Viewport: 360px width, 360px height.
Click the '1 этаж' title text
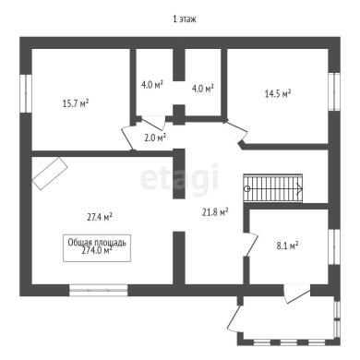pyautogui.click(x=185, y=19)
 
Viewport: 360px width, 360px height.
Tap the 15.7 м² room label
pyautogui.click(x=76, y=103)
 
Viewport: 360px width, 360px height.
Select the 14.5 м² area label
pyautogui.click(x=278, y=93)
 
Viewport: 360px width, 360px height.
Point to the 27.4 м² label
pyautogui.click(x=99, y=217)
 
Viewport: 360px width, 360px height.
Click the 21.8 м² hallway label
pyautogui.click(x=215, y=211)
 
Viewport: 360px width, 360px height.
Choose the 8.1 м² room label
pyautogui.click(x=287, y=246)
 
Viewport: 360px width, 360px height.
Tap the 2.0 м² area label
pyautogui.click(x=155, y=138)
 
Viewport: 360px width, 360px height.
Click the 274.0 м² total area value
pyautogui.click(x=97, y=251)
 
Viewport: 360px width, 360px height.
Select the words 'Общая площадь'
pyautogui.click(x=97, y=243)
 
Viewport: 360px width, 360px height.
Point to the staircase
pyautogui.click(x=273, y=188)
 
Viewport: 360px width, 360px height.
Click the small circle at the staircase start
pyautogui.click(x=246, y=188)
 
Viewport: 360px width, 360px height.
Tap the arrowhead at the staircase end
pyautogui.click(x=300, y=188)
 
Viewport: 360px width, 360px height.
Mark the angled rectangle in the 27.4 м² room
pyautogui.click(x=50, y=174)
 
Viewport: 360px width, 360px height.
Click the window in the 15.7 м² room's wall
pyautogui.click(x=26, y=93)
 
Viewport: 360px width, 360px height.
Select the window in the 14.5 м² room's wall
pyautogui.click(x=334, y=91)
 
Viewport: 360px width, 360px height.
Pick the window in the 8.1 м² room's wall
pyautogui.click(x=334, y=246)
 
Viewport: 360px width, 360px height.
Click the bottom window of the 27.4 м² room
pyautogui.click(x=99, y=290)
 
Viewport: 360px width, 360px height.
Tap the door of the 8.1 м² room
pyautogui.click(x=251, y=245)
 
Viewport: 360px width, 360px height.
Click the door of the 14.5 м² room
pyautogui.click(x=236, y=131)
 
